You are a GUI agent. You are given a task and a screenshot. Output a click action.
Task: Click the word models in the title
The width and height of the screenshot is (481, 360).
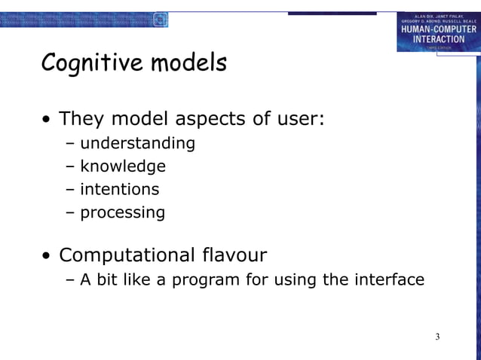click(x=188, y=63)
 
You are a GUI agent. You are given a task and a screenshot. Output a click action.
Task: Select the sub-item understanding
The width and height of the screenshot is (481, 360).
click(x=137, y=143)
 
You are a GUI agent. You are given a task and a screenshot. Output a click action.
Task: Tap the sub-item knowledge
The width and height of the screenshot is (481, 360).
click(x=123, y=166)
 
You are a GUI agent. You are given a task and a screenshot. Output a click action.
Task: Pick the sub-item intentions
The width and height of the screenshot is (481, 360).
click(x=120, y=189)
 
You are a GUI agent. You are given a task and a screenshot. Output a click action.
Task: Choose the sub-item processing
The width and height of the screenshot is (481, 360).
click(x=122, y=212)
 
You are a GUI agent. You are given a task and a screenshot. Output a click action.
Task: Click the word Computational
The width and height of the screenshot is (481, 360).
click(x=129, y=256)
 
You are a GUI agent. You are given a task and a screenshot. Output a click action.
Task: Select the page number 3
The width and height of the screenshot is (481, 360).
click(x=437, y=336)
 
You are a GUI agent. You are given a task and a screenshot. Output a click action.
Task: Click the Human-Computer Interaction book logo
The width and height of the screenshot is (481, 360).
click(x=438, y=32)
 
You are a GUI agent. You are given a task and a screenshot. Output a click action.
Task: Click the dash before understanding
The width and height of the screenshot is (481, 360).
click(x=70, y=143)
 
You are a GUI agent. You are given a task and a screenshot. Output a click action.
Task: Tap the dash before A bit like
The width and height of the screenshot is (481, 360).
click(x=70, y=280)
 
